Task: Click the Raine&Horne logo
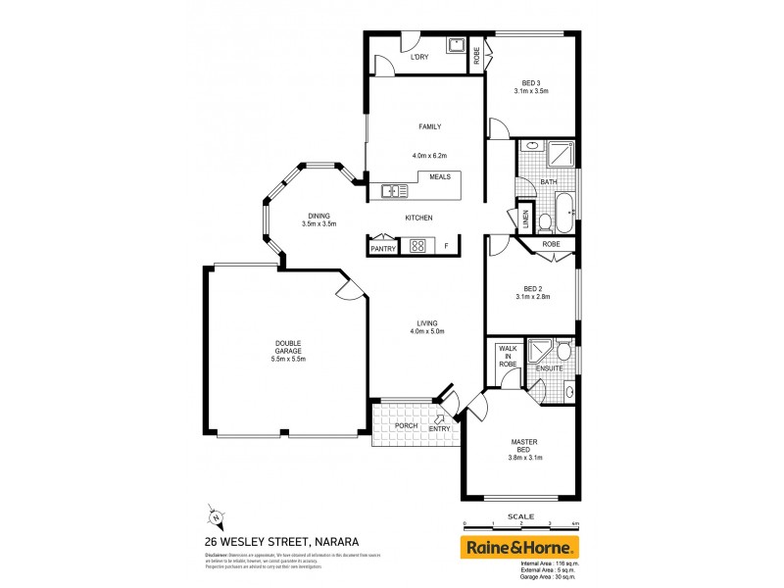click(x=520, y=547)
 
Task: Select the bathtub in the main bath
click(x=563, y=209)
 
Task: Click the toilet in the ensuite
click(x=563, y=350)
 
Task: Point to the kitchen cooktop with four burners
click(x=417, y=247)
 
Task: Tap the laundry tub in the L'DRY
click(x=456, y=45)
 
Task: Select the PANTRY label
click(x=382, y=250)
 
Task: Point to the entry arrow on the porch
click(x=439, y=419)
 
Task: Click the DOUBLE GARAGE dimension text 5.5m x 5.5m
click(x=289, y=359)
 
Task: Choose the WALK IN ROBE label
click(x=507, y=356)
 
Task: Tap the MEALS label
click(x=439, y=176)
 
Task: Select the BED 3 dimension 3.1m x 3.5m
click(x=531, y=90)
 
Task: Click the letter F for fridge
click(x=446, y=246)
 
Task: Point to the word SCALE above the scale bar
click(x=520, y=516)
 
